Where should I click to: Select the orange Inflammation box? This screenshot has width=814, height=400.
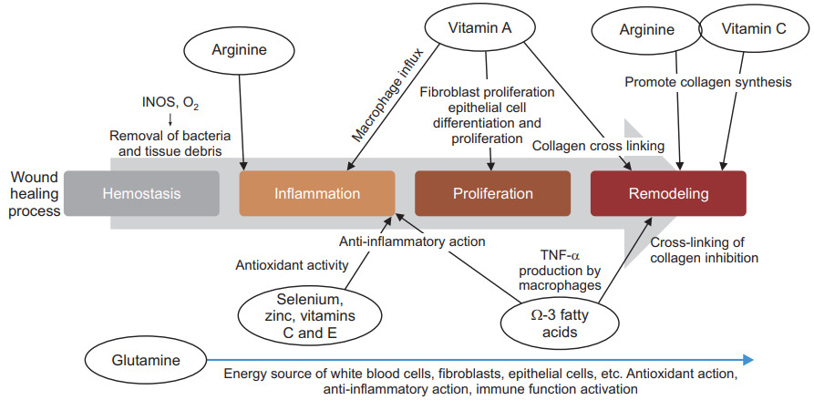(316, 193)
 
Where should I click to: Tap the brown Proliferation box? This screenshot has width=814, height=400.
(491, 193)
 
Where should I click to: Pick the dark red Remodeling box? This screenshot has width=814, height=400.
(668, 193)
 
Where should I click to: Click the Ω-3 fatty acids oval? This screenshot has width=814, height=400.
(546, 321)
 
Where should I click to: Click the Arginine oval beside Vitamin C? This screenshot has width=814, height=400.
(646, 30)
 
